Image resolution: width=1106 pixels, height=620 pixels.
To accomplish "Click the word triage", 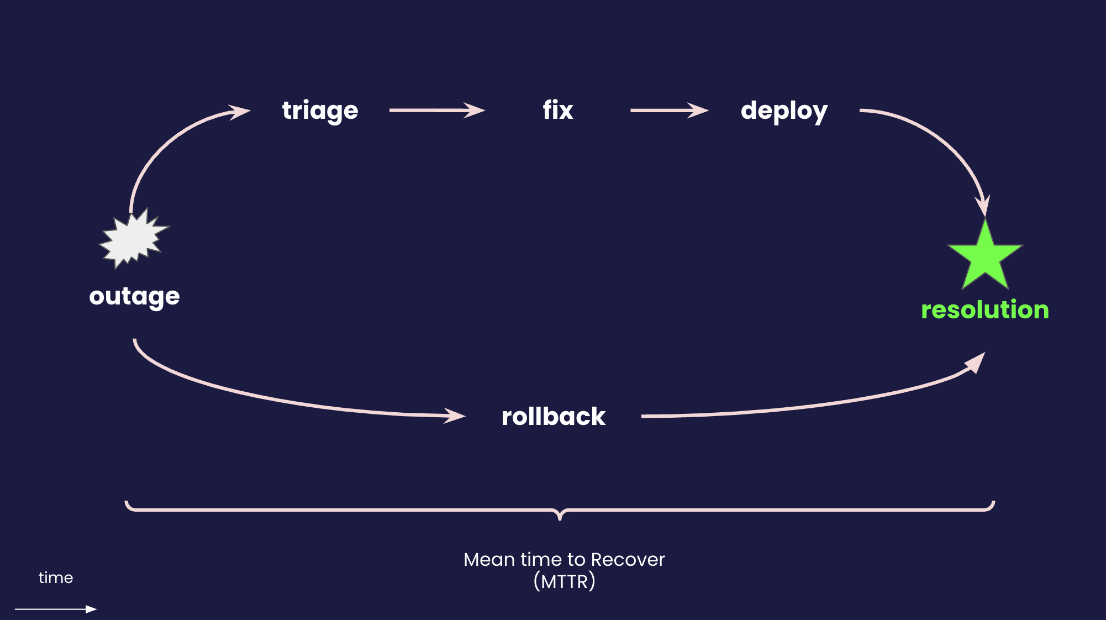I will [320, 111].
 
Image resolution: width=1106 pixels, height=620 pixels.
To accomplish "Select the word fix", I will [557, 110].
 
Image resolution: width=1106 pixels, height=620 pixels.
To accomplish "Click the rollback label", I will [553, 416].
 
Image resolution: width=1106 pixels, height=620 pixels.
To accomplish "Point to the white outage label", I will [134, 297].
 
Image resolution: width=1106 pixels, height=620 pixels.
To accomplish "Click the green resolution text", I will [984, 309].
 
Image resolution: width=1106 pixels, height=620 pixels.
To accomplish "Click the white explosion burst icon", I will [133, 239].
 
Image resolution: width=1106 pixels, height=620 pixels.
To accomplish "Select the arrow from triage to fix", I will [436, 111].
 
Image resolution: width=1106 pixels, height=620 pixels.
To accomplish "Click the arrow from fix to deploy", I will [669, 111].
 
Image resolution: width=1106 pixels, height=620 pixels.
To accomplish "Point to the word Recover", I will [628, 560].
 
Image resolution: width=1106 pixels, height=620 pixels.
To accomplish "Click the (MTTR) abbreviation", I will [564, 581].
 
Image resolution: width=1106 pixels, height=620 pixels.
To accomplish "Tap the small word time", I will [56, 577].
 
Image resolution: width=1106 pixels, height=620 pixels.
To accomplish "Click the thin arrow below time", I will [55, 609].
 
